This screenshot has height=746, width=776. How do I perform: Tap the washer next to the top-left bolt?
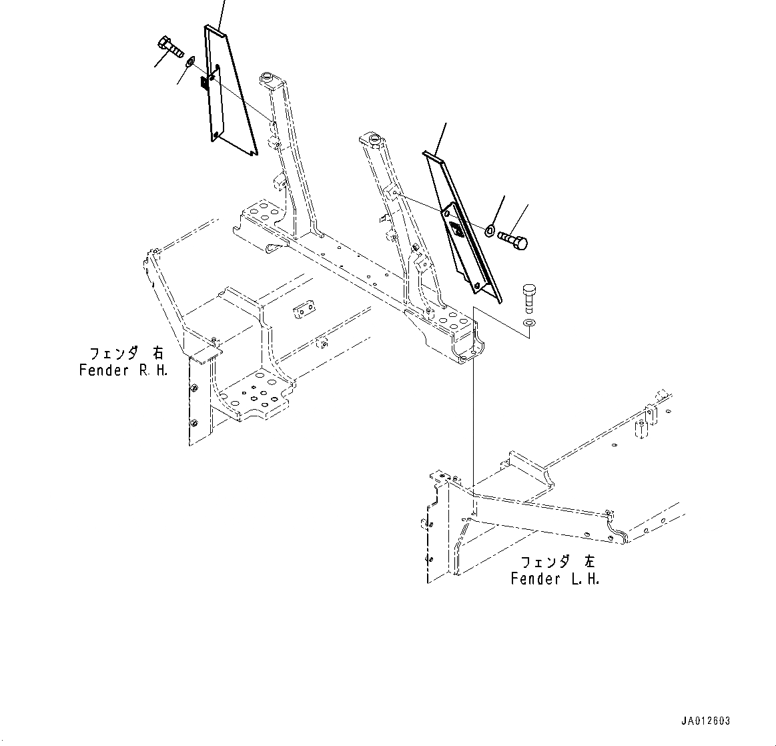click(x=191, y=63)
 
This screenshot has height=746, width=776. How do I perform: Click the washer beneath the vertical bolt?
click(x=529, y=324)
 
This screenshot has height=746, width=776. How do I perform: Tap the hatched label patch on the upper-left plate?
click(x=206, y=84)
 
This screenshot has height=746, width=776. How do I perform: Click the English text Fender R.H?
click(x=123, y=370)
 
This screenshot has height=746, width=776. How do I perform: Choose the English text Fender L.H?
click(x=554, y=579)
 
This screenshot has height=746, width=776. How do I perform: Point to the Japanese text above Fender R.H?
click(x=125, y=353)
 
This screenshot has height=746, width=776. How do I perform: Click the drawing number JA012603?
click(x=705, y=721)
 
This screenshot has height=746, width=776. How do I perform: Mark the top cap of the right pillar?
click(x=370, y=139)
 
